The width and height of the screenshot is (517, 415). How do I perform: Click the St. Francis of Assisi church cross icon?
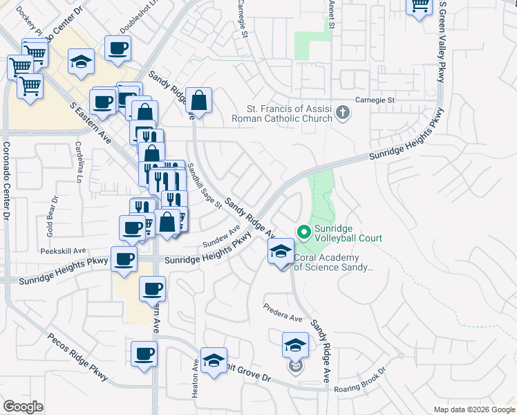pyautogui.click(x=342, y=113)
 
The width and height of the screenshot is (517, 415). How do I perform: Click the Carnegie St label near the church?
pyautogui.click(x=374, y=100)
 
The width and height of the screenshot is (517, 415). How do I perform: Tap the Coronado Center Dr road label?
pyautogui.click(x=6, y=180)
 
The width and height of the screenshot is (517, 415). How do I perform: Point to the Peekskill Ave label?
pyautogui.click(x=62, y=250)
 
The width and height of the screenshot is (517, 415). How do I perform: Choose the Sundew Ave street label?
pyautogui.click(x=221, y=237)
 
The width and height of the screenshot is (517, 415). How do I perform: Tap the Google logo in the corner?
pyautogui.click(x=23, y=407)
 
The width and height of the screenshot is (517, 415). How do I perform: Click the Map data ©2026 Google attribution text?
pyautogui.click(x=473, y=409)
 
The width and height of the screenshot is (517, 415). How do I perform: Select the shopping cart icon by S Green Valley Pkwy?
pyautogui.click(x=420, y=6)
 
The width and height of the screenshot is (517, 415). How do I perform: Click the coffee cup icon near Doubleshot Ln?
pyautogui.click(x=117, y=48)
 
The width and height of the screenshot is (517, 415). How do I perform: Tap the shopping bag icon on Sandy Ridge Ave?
pyautogui.click(x=198, y=100)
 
